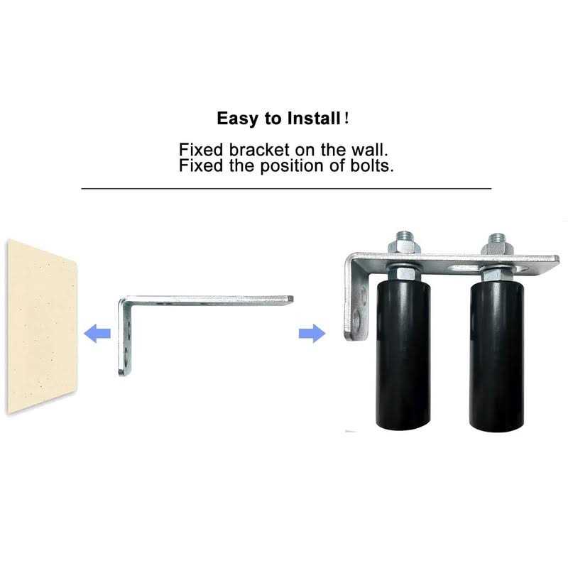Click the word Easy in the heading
238,119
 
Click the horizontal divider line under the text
286,189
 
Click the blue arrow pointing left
97,332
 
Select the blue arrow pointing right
311,332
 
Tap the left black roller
401,355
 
